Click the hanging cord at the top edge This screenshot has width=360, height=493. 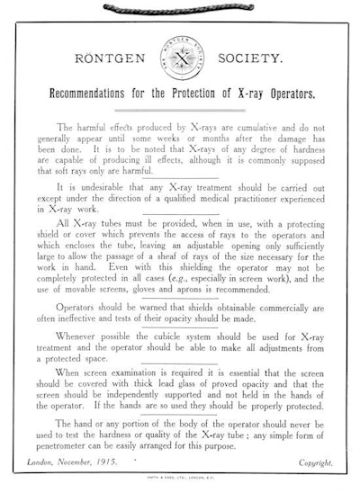point(180,6)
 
